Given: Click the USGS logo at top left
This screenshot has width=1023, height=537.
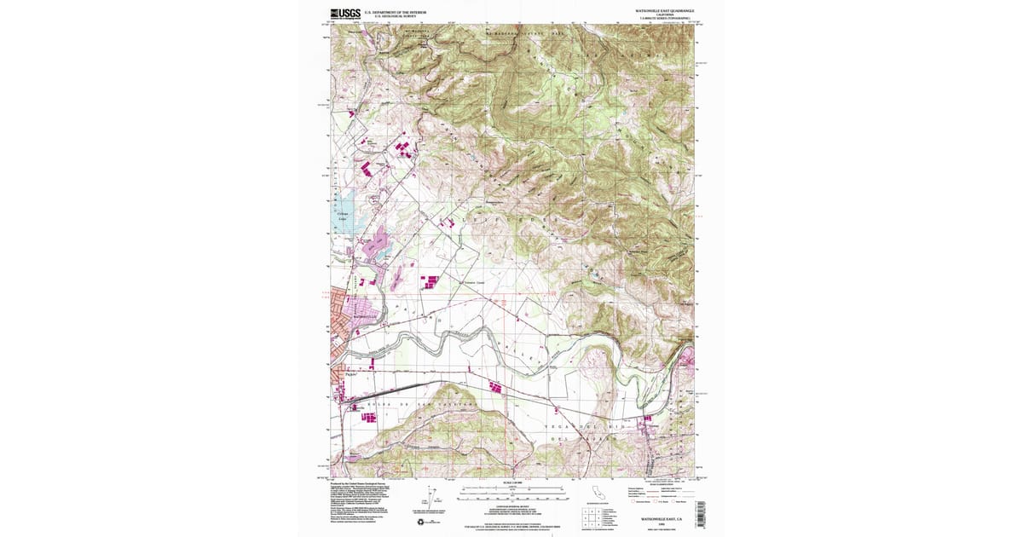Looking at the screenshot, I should tap(344, 14).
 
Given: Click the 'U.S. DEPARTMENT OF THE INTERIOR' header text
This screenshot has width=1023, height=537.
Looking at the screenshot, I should tap(395, 12).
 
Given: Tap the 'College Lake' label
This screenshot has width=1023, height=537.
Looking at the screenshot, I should tap(343, 217).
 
